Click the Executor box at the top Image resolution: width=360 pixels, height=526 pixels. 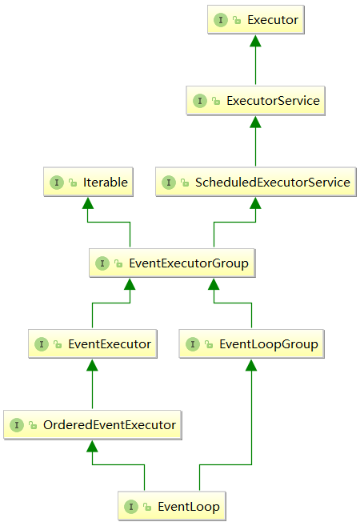click(256, 19)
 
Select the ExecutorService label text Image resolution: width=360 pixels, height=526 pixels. click(273, 101)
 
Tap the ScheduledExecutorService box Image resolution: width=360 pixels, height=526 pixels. click(256, 182)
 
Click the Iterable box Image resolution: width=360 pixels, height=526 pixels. click(88, 182)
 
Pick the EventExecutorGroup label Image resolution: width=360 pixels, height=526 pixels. click(189, 263)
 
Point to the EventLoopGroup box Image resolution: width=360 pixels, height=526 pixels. click(252, 343)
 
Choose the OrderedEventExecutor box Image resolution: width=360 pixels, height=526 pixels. click(93, 425)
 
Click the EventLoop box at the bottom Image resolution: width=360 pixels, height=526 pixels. click(172, 506)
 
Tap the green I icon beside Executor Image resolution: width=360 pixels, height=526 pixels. click(221, 20)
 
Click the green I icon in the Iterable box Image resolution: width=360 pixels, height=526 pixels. click(57, 183)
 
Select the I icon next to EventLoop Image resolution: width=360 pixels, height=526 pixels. click(131, 507)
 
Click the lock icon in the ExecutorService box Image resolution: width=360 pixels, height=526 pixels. click(216, 101)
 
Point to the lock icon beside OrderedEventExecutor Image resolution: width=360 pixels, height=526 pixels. click(33, 425)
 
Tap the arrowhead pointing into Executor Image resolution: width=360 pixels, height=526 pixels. click(255, 41)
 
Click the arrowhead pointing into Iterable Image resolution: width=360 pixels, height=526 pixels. click(88, 203)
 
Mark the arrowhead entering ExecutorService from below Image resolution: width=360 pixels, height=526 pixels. click(255, 122)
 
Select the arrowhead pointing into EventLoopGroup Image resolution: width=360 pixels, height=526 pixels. click(251, 365)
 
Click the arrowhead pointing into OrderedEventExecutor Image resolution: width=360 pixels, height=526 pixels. click(92, 446)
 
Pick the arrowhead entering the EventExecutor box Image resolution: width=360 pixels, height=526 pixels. click(92, 365)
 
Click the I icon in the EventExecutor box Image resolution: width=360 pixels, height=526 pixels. click(42, 344)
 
